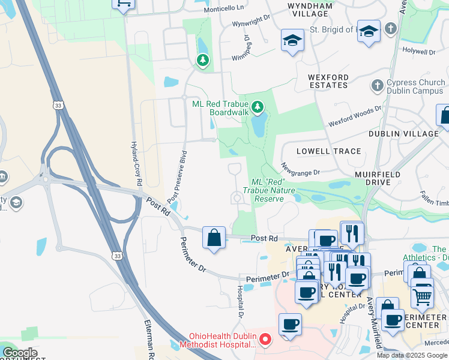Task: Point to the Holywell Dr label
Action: (x=418, y=52)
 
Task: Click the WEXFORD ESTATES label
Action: (x=328, y=82)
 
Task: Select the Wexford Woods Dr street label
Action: (x=355, y=117)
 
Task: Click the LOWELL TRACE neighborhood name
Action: (x=330, y=152)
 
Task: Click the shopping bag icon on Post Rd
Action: (x=214, y=238)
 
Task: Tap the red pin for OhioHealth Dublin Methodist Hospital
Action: (x=265, y=340)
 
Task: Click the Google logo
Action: (x=20, y=353)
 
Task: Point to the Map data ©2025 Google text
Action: (x=412, y=355)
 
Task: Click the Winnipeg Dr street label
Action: (x=246, y=47)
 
